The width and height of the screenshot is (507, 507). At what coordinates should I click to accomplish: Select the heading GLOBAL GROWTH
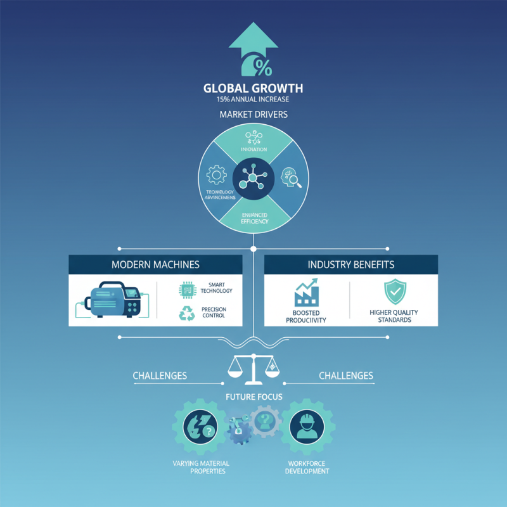pyautogui.click(x=253, y=88)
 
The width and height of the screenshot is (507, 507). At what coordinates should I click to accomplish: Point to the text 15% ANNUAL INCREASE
pyautogui.click(x=253, y=99)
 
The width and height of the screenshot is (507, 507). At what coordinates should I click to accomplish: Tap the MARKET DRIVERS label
pyautogui.click(x=253, y=115)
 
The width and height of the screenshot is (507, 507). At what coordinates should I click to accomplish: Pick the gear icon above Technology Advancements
pyautogui.click(x=217, y=174)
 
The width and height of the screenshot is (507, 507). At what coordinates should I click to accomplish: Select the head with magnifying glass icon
pyautogui.click(x=292, y=179)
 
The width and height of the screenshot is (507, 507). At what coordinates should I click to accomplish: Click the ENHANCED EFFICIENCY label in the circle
pyautogui.click(x=253, y=218)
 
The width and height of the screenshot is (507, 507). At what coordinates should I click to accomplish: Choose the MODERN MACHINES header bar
pyautogui.click(x=155, y=264)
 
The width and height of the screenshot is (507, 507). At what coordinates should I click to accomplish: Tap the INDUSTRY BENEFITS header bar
pyautogui.click(x=350, y=264)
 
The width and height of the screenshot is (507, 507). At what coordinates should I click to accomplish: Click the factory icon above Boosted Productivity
pyautogui.click(x=307, y=293)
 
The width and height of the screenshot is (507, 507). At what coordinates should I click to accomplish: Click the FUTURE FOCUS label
pyautogui.click(x=253, y=397)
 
